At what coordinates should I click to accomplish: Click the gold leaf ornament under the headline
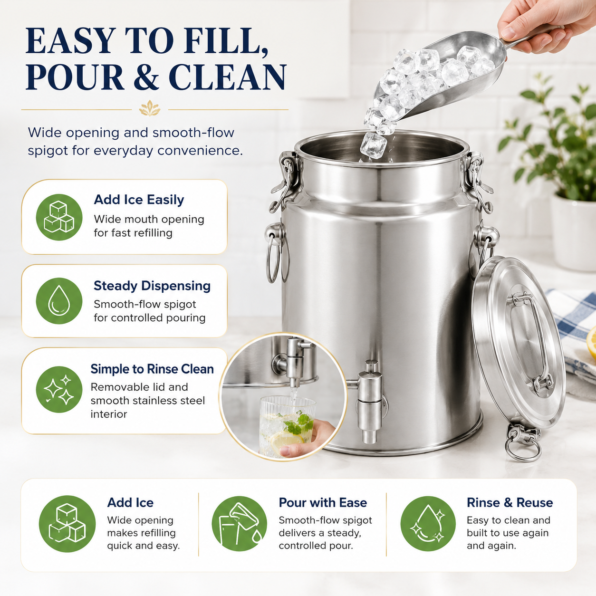tap(150, 108)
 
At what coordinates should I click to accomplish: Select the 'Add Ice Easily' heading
tap(139, 200)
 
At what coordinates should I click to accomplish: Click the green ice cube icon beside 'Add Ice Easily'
tap(59, 217)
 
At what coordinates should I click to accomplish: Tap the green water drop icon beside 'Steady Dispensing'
tap(59, 301)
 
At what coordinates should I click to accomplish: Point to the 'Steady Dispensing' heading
tap(152, 286)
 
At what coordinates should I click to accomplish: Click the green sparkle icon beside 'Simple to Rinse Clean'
tap(59, 389)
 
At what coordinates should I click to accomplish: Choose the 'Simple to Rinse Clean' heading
tap(152, 369)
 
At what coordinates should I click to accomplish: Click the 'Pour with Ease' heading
tap(323, 502)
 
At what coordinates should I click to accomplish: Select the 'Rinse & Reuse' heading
tap(509, 502)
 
